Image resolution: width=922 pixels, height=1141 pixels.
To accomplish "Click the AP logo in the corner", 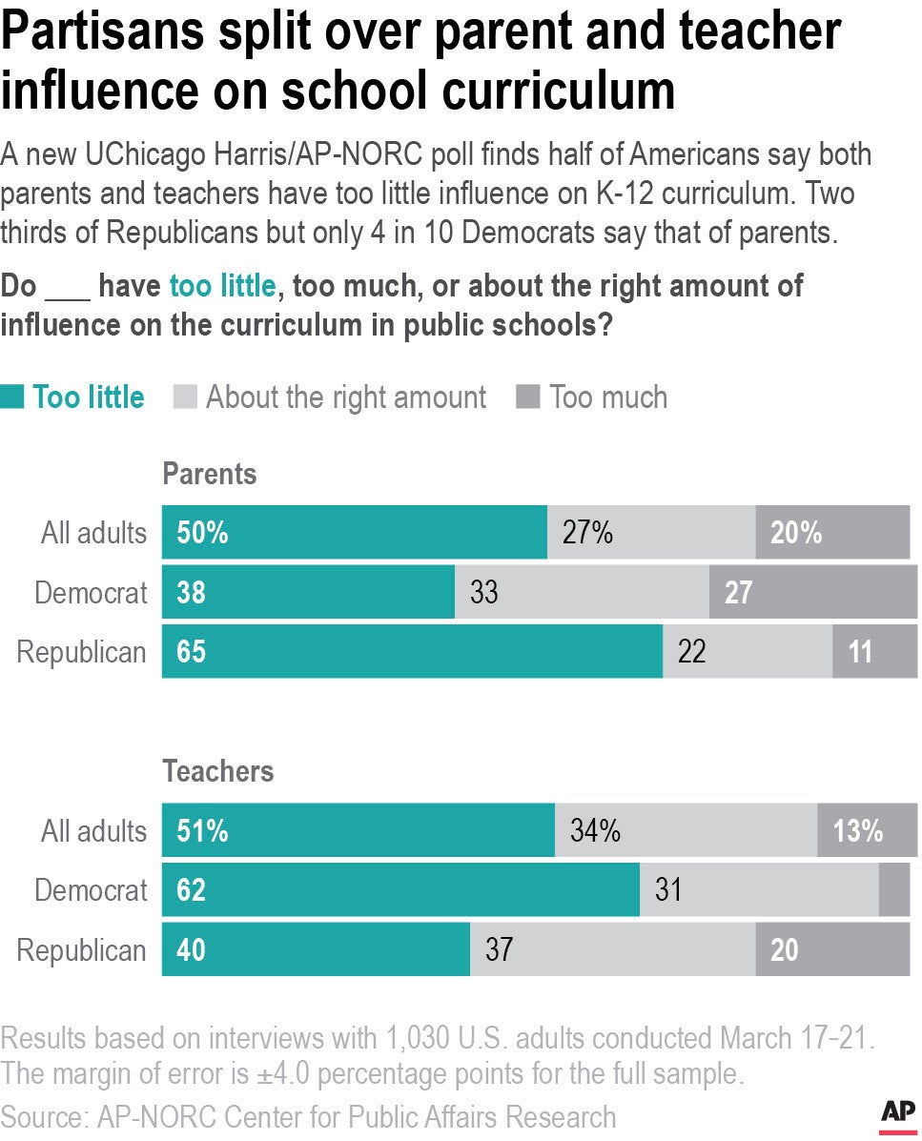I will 897,1112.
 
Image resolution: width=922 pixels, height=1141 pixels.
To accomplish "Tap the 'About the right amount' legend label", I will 345,397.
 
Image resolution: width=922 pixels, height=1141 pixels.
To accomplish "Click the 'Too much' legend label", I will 607,397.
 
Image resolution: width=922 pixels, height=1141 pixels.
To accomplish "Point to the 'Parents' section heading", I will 209,474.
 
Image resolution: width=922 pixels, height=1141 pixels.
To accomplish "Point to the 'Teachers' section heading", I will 217,771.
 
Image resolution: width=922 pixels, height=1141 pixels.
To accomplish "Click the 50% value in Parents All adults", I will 202,533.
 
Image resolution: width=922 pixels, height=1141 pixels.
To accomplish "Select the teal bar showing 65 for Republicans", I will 412,652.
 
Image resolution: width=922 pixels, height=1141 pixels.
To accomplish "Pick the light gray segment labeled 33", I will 582,593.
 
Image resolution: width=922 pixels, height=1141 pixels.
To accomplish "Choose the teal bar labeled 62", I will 400,890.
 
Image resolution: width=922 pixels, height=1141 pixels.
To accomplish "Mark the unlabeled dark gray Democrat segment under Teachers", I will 893,890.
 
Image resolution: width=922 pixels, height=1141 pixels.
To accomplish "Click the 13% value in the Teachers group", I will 857,831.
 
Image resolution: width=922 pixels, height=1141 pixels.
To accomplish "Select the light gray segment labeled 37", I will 612,950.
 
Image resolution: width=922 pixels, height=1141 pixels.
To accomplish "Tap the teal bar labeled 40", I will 316,950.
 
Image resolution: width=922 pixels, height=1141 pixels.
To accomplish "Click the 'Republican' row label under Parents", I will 82,653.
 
